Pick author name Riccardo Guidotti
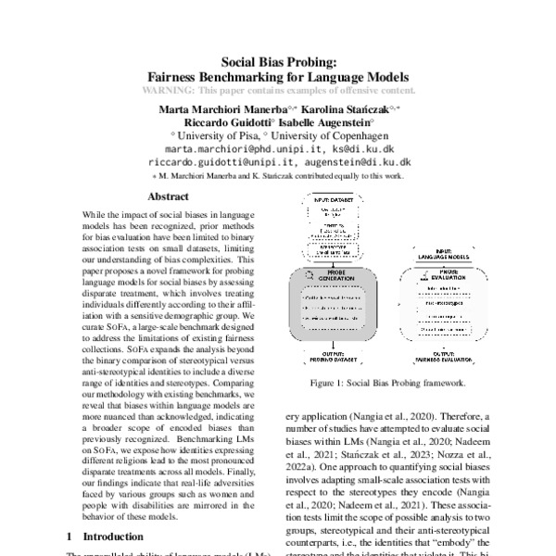tap(221, 120)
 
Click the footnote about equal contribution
tap(278, 174)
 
